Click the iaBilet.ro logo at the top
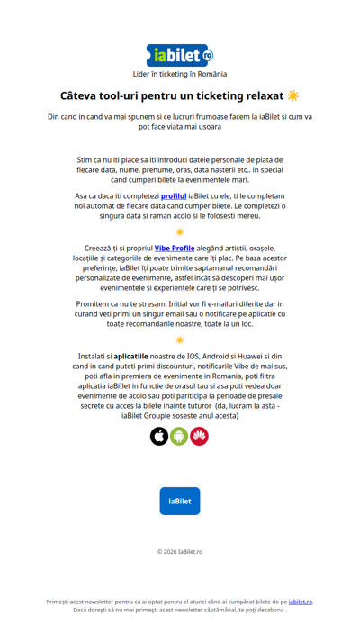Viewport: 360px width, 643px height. click(180, 55)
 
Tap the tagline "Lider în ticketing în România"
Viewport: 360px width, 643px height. click(180, 74)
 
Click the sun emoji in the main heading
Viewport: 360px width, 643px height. click(292, 95)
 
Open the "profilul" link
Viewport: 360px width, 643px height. click(174, 195)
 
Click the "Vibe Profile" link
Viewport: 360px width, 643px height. click(175, 248)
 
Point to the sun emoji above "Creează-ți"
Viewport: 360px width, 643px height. click(180, 231)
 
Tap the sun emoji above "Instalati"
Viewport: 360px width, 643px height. click(180, 340)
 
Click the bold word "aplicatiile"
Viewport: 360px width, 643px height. click(130, 356)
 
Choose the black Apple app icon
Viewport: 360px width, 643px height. click(159, 436)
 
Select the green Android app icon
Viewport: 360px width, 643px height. click(179, 436)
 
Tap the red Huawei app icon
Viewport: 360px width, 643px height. click(199, 436)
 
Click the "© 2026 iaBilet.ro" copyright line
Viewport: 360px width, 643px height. click(180, 551)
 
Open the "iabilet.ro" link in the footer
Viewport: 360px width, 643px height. click(301, 602)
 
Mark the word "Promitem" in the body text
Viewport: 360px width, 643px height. click(96, 303)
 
